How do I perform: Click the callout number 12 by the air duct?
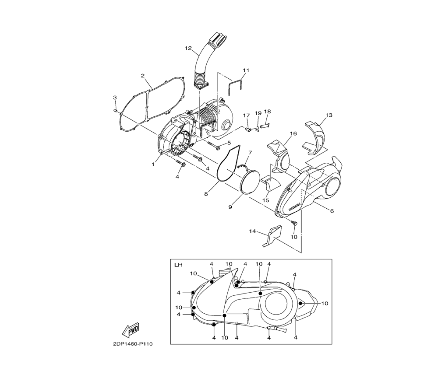(x=188, y=48)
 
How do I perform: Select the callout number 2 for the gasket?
(x=143, y=76)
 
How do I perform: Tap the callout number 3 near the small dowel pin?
(x=115, y=98)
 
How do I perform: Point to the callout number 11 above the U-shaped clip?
(x=246, y=70)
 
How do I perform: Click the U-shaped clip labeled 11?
(x=235, y=87)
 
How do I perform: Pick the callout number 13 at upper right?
(x=329, y=115)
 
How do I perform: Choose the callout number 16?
(x=293, y=133)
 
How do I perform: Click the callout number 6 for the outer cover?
(x=332, y=211)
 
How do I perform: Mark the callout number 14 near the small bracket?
(x=253, y=231)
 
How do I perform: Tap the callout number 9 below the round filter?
(x=230, y=207)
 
